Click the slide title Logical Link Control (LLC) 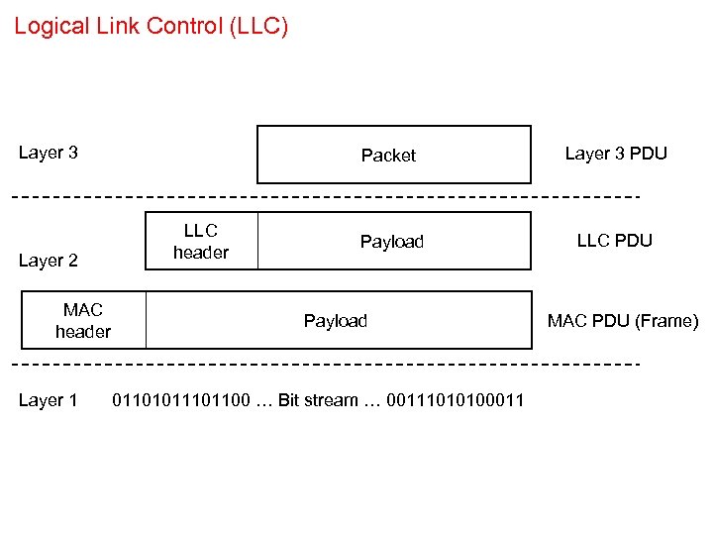coord(151,26)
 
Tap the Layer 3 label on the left coord(48,153)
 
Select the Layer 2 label coord(48,261)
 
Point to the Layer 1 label coord(48,400)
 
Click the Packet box coord(393,155)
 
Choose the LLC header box coord(201,241)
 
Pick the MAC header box coord(83,321)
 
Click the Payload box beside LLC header coord(392,241)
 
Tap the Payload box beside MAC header coord(337,321)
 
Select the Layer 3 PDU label coord(616,153)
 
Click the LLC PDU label coord(614,241)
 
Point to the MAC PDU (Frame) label coord(623,321)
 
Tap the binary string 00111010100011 coord(455,400)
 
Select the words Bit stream coord(318,400)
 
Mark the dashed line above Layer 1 coord(325,364)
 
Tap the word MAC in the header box coord(83,310)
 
